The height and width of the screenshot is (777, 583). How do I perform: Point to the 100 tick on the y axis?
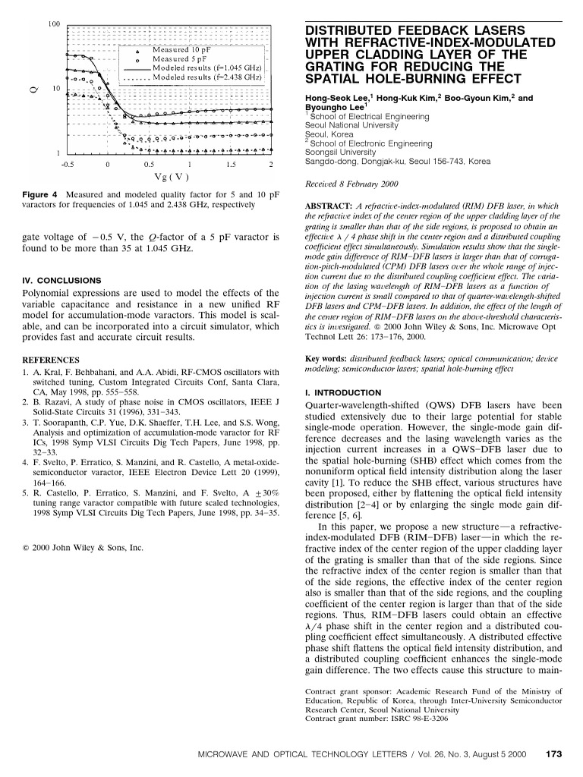(55, 24)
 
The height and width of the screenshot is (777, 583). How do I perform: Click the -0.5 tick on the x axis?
(68, 164)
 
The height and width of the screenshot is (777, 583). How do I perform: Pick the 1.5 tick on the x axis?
(229, 164)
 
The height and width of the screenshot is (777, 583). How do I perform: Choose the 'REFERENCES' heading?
(51, 360)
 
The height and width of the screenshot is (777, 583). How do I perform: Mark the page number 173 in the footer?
(553, 753)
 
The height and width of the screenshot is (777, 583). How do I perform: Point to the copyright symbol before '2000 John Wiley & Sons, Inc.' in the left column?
(26, 546)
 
